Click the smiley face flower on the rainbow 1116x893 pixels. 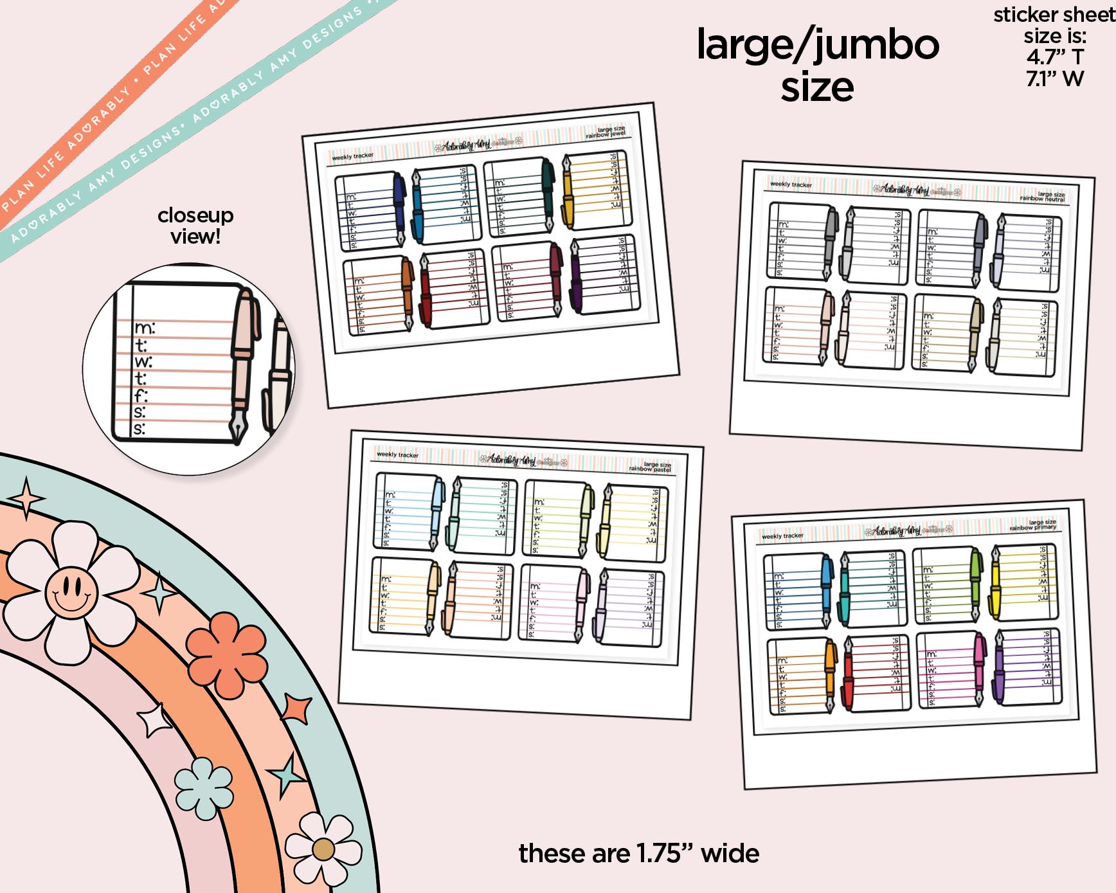tap(71, 591)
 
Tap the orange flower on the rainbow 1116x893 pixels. tap(226, 654)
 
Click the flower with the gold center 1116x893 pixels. tap(323, 849)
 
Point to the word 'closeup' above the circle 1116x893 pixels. tap(195, 215)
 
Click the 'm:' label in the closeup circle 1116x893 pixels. tap(145, 329)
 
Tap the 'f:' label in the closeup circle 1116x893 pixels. tap(141, 395)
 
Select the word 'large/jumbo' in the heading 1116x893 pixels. tap(818, 45)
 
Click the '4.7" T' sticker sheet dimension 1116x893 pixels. tap(1055, 57)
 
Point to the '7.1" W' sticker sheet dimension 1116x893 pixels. tap(1055, 79)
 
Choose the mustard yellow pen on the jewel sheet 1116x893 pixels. tap(568, 193)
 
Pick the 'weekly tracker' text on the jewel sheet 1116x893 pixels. tap(352, 156)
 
